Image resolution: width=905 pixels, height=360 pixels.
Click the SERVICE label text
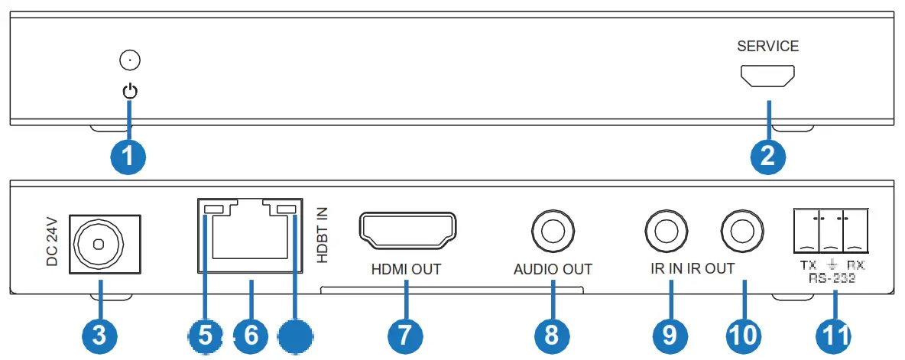(x=767, y=47)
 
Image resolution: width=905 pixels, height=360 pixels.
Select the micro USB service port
(x=767, y=76)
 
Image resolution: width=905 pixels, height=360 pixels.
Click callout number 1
(x=128, y=157)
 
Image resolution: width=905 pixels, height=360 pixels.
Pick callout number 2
(x=767, y=157)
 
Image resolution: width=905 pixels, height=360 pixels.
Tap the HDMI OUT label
(x=406, y=269)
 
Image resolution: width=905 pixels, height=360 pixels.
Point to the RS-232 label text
(x=832, y=279)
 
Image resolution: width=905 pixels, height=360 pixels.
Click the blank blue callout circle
(x=296, y=336)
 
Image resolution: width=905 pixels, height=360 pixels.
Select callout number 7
(x=406, y=336)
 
